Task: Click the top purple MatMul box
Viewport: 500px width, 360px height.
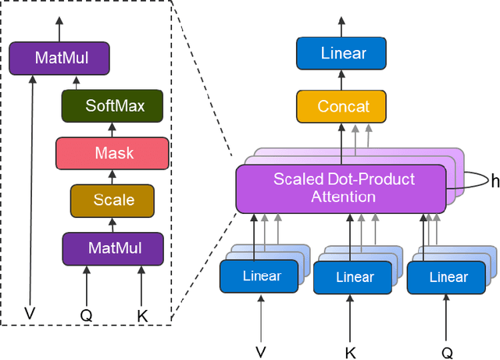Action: click(59, 58)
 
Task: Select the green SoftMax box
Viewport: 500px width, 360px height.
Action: click(112, 105)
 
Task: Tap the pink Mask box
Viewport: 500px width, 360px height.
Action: click(112, 153)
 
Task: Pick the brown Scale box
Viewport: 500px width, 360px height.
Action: click(112, 200)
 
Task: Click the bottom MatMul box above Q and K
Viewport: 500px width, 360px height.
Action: click(113, 248)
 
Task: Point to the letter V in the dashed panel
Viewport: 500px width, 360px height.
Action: click(30, 314)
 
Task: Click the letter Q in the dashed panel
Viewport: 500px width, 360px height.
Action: click(87, 315)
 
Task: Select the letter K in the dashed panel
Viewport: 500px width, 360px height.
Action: click(142, 315)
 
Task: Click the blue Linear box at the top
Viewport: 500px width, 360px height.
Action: click(343, 53)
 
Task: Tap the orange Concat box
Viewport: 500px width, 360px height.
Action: click(343, 106)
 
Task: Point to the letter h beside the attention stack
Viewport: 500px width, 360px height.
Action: click(495, 181)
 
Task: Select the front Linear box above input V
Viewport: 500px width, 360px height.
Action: click(261, 276)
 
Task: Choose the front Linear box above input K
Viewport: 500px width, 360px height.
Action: click(354, 277)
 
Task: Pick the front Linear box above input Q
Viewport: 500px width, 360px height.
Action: click(448, 277)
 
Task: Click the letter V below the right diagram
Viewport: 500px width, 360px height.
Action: click(261, 351)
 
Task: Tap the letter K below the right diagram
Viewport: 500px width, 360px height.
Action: click(351, 351)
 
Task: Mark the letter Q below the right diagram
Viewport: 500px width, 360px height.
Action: click(447, 352)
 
